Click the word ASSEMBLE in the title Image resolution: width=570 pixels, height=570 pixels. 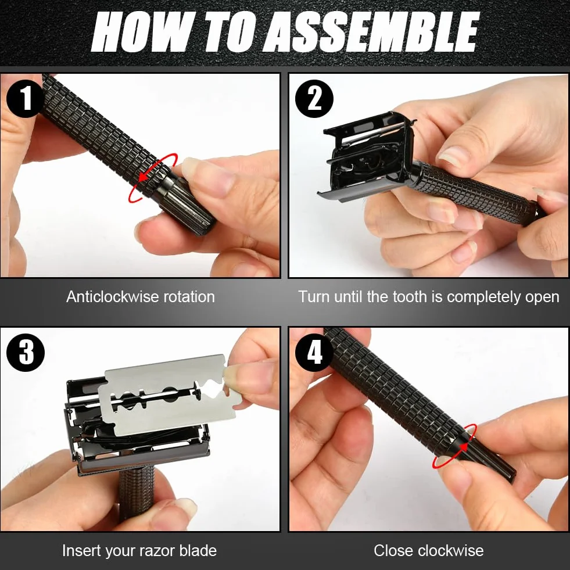pos(371,31)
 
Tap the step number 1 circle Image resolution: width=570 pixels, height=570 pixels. pos(26,98)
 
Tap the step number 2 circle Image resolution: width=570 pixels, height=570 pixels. pos(314,99)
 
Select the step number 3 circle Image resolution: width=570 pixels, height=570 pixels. pos(26,352)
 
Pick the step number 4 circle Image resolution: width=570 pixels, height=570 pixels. pos(314,352)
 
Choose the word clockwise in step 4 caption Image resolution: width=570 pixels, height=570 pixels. pos(446,550)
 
